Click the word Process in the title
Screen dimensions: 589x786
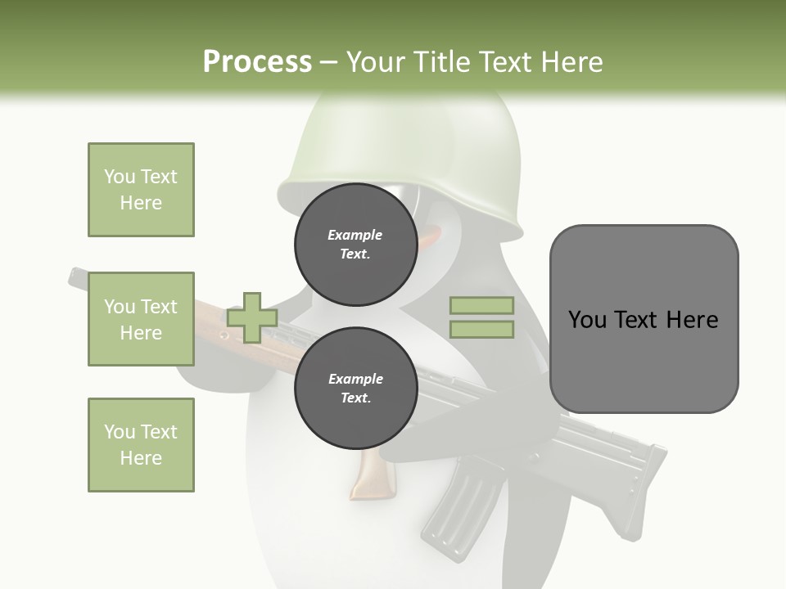point(257,61)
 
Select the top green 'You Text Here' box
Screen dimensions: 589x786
point(141,190)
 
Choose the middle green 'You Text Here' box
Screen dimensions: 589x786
point(141,319)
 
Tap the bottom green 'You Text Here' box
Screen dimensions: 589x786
point(141,445)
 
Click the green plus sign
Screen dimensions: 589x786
point(252,317)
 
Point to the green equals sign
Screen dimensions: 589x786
point(482,317)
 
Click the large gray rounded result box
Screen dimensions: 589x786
point(644,319)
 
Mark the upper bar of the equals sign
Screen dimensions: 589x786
point(482,306)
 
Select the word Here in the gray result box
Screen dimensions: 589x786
point(692,320)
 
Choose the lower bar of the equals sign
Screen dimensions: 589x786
point(482,329)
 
